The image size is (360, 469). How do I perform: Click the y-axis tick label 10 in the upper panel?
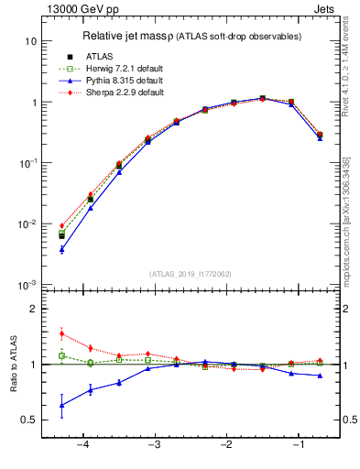pyautogui.click(x=30, y=41)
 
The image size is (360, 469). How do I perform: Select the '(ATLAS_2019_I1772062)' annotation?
pyautogui.click(x=190, y=274)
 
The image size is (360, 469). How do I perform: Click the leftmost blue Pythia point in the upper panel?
pyautogui.click(x=61, y=249)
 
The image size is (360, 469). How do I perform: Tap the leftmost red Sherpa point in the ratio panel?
pyautogui.click(x=61, y=333)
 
